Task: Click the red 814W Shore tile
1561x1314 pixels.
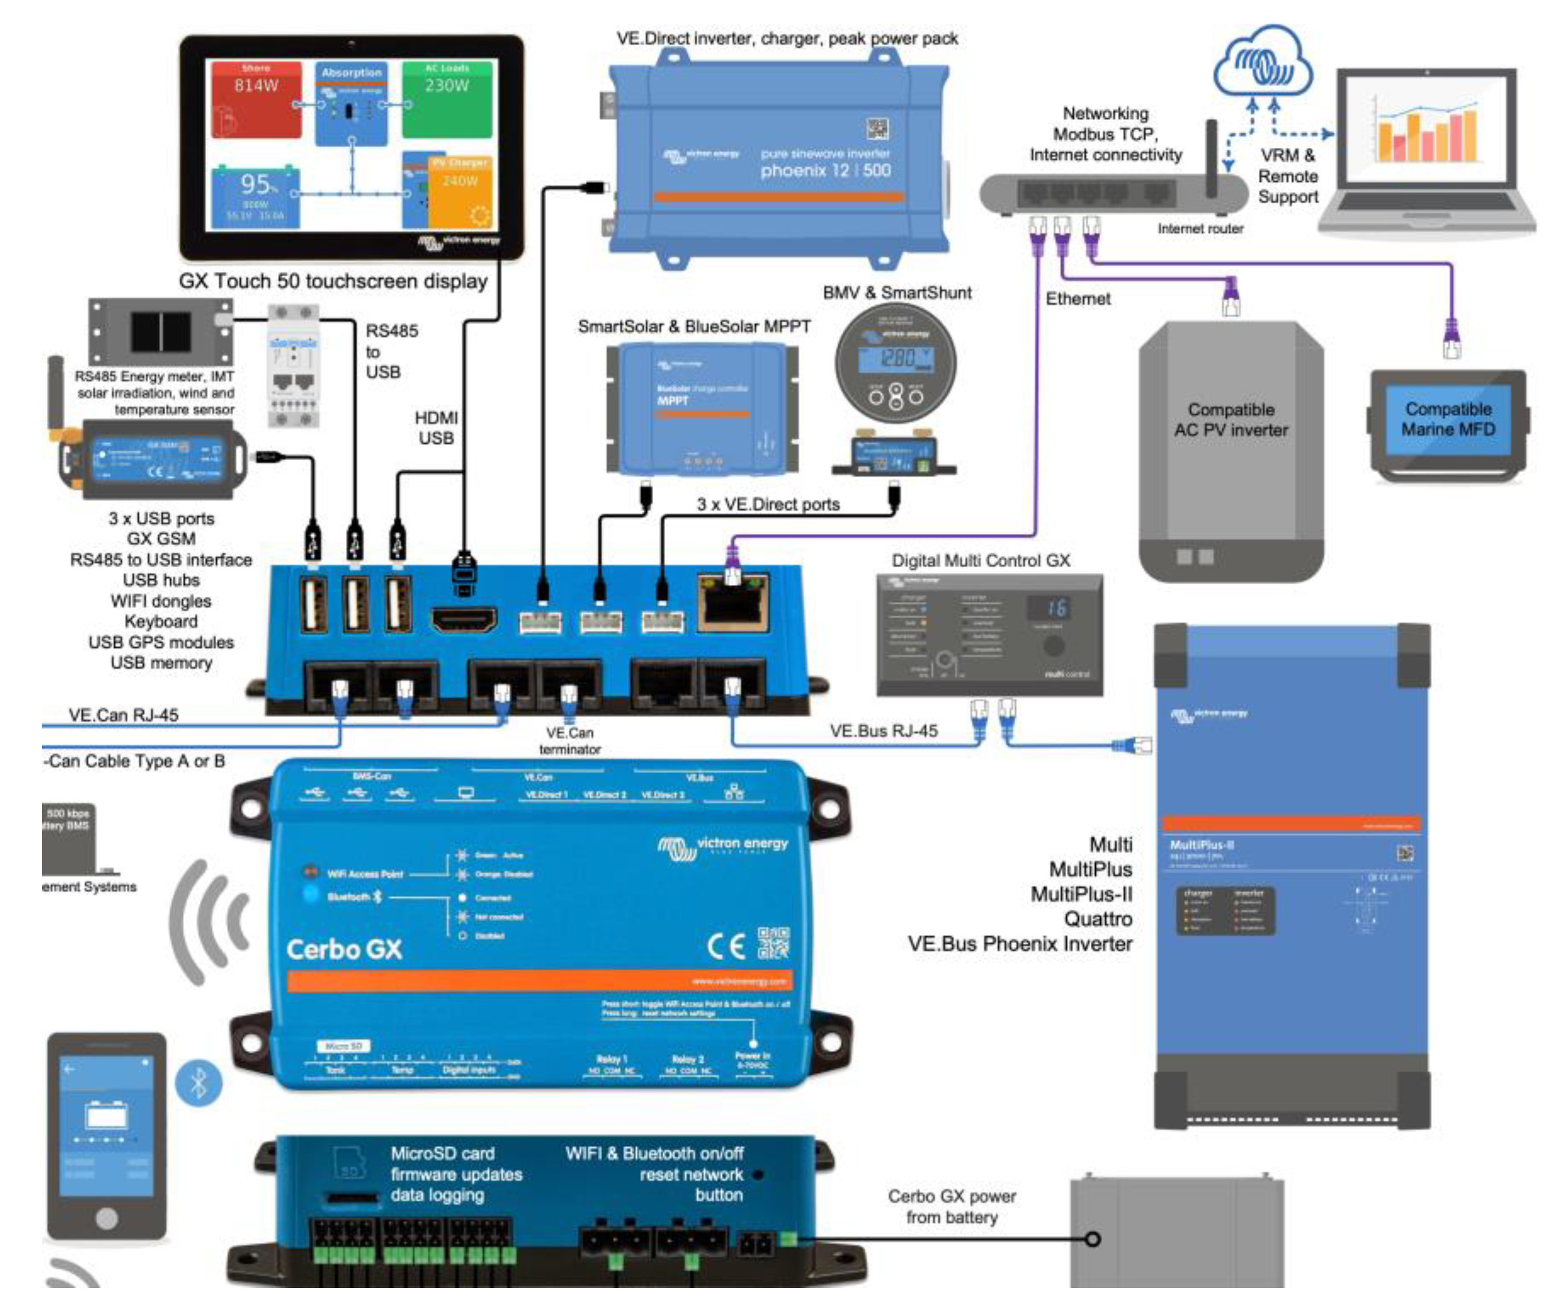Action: point(256,99)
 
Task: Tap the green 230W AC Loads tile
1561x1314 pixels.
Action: point(447,99)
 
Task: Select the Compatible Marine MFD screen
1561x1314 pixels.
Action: point(1448,420)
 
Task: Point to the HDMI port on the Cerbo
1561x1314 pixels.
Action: point(464,619)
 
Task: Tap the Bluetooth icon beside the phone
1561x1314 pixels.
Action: point(198,1082)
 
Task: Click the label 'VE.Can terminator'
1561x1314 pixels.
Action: point(570,741)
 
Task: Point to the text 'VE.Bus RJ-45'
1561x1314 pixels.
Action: point(884,731)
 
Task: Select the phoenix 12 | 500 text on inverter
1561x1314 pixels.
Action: point(825,170)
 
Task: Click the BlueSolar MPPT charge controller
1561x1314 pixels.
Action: point(702,408)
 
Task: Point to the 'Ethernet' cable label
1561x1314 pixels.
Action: point(1077,299)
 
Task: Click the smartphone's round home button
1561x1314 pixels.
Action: point(106,1218)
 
